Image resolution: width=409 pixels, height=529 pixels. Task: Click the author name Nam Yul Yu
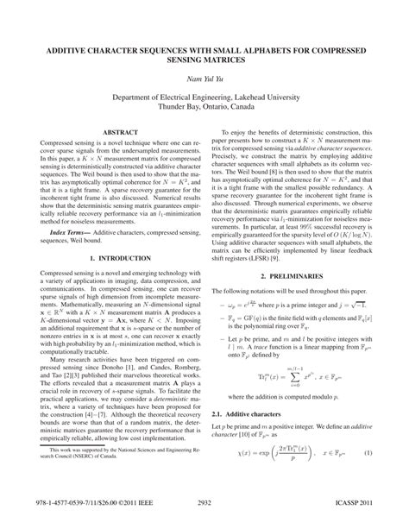coord(204,77)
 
